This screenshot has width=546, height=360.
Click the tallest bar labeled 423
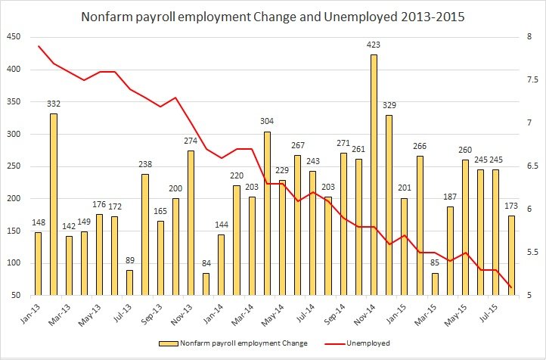[x=374, y=175]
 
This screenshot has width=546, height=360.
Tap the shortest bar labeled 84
[x=206, y=284]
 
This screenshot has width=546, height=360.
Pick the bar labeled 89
[x=129, y=282]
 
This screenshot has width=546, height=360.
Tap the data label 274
[x=191, y=143]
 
